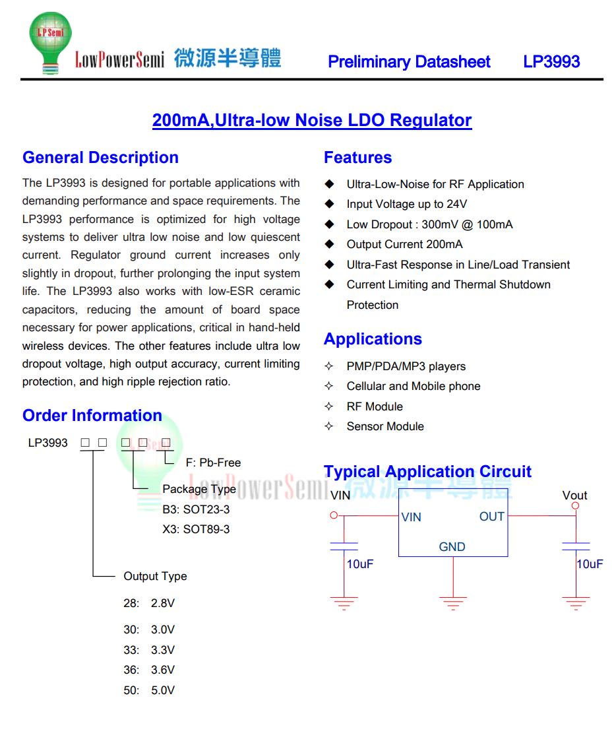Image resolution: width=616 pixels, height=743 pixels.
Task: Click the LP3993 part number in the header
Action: (551, 62)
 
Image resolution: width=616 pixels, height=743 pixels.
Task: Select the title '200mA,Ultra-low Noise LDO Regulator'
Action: (312, 121)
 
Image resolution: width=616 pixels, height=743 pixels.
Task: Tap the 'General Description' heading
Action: (100, 158)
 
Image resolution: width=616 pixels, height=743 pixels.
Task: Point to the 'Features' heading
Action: (357, 158)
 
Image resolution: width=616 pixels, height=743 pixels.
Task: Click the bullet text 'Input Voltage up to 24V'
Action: (406, 205)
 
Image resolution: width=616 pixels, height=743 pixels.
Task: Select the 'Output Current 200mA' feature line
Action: (404, 245)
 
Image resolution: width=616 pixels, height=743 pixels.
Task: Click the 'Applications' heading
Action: (373, 339)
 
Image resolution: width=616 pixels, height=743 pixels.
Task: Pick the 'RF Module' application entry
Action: (374, 406)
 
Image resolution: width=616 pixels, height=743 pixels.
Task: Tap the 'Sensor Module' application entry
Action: (385, 427)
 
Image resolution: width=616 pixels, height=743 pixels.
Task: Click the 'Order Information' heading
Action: (92, 416)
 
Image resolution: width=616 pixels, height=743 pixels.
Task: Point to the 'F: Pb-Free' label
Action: (213, 463)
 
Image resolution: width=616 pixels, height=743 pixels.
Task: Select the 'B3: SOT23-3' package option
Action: (196, 510)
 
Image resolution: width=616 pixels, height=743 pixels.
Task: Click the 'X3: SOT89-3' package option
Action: (196, 530)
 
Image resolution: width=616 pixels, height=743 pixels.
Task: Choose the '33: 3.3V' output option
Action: (149, 651)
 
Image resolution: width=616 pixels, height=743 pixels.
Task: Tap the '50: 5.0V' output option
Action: (149, 691)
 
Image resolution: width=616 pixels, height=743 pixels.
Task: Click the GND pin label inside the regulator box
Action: (452, 547)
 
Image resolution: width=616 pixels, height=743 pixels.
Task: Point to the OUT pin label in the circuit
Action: (492, 517)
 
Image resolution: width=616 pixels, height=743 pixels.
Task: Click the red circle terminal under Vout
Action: (575, 506)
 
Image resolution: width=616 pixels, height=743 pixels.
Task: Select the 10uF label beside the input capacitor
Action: (360, 565)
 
